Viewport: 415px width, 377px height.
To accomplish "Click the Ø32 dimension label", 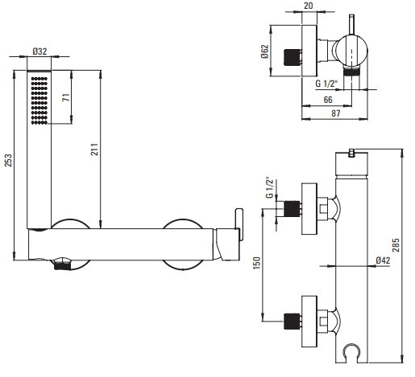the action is click(x=39, y=51).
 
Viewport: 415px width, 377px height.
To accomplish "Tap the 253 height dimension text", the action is click(x=8, y=160).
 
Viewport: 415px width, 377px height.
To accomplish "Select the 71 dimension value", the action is click(x=66, y=97).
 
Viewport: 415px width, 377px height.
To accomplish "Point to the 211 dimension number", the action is click(x=94, y=150).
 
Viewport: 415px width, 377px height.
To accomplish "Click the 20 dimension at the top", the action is click(x=308, y=6).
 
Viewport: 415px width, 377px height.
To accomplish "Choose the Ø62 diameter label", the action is click(x=264, y=51).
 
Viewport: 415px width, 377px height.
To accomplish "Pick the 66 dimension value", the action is click(x=328, y=100).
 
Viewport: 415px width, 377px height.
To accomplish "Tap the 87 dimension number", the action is click(x=336, y=113).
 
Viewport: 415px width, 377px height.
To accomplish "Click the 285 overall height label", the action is click(x=396, y=245).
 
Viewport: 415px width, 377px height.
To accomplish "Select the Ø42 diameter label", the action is click(x=383, y=260).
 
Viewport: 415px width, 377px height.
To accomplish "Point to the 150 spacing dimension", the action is click(x=257, y=263).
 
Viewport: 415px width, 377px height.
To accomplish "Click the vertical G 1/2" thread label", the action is click(x=269, y=187).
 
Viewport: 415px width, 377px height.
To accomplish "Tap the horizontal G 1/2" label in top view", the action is click(x=326, y=84).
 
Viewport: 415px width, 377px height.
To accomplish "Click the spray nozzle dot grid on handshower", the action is click(x=39, y=100).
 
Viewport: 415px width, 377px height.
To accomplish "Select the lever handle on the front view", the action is click(x=239, y=224).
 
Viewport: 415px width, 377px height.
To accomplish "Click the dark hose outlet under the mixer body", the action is click(x=62, y=266).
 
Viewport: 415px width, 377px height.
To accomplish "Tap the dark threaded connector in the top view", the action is click(x=291, y=57).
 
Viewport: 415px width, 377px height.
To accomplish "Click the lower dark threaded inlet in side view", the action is click(x=292, y=321).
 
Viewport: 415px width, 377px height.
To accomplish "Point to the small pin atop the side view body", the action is click(x=352, y=153).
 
